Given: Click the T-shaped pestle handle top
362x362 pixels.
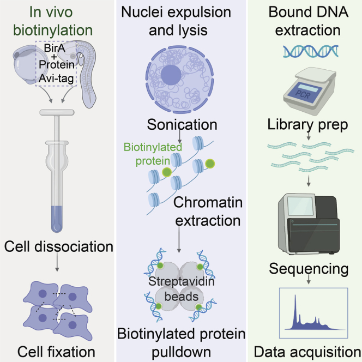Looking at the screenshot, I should pos(57,114).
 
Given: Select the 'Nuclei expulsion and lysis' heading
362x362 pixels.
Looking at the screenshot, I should pos(181,20).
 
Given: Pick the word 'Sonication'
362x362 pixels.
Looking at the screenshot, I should pos(182,124).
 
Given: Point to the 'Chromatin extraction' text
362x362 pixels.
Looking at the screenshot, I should pos(207,212).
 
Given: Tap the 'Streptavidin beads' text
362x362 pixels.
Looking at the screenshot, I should pos(181,289).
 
